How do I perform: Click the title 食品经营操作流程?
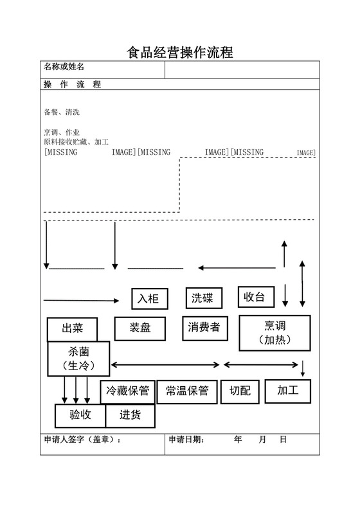179,51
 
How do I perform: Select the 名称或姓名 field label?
64,67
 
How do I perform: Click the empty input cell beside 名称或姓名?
242,69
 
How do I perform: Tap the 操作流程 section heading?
71,84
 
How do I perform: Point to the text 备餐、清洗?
62,112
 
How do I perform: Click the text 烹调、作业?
62,132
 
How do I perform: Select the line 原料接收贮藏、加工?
76,141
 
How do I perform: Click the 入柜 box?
150,298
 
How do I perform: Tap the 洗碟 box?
204,298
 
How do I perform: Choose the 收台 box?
256,297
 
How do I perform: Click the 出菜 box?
73,328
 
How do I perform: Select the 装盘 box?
141,328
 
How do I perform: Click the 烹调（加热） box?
270,333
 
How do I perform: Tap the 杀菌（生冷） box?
78,359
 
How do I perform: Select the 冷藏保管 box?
127,391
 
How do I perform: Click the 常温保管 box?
186,391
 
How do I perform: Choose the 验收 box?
80,415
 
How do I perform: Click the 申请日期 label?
186,440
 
